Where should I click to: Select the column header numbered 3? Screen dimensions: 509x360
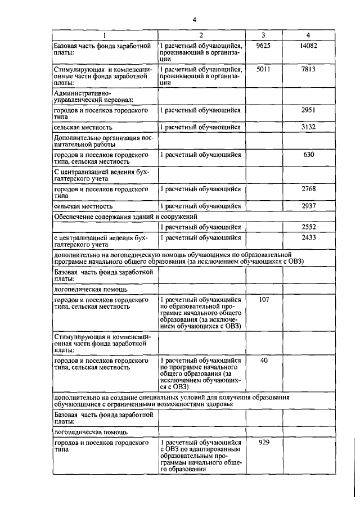(263, 35)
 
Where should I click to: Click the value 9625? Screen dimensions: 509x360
(263, 45)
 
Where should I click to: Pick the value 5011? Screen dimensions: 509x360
(263, 69)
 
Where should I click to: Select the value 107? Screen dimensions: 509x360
(263, 299)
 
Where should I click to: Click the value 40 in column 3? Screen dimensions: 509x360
(263, 360)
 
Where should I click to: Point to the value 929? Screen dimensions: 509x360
(263, 443)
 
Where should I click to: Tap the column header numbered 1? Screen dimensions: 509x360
(103, 35)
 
